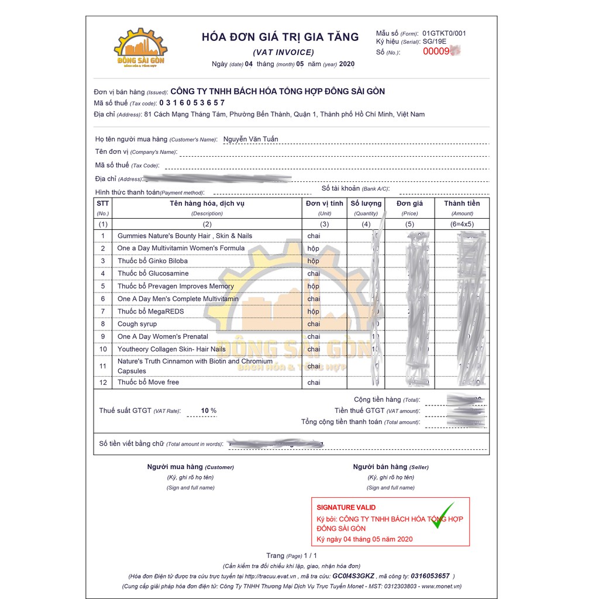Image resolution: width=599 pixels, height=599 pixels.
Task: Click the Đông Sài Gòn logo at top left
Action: pos(140,49)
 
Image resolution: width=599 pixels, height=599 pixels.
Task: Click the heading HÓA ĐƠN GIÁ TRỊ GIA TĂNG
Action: pos(280,37)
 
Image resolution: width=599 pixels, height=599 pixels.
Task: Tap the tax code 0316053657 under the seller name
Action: pos(192,103)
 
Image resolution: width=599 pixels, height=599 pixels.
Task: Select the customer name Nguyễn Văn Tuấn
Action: pos(250,139)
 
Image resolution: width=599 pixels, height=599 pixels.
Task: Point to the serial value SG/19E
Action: pos(434,42)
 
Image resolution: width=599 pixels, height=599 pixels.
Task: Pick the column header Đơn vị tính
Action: pos(324,204)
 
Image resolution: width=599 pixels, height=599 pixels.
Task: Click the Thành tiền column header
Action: pos(462,204)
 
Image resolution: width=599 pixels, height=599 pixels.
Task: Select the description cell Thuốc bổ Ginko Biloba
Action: pos(153,261)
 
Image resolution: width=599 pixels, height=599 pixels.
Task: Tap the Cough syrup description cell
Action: pos(137,324)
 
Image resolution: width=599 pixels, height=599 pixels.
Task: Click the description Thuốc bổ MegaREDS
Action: pos(150,311)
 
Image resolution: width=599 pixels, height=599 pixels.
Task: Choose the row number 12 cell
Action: pos(103,383)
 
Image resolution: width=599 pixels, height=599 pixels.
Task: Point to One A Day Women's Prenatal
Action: pos(163,336)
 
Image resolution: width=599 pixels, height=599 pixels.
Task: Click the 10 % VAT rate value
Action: pos(208,411)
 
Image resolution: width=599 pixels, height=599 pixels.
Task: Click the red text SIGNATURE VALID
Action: pos(346,507)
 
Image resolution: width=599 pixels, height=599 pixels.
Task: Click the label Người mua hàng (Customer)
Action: pos(190,467)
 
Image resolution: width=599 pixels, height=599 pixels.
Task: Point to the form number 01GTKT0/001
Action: pos(444,33)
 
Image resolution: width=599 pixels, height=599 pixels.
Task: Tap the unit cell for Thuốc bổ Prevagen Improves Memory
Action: pos(314,286)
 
